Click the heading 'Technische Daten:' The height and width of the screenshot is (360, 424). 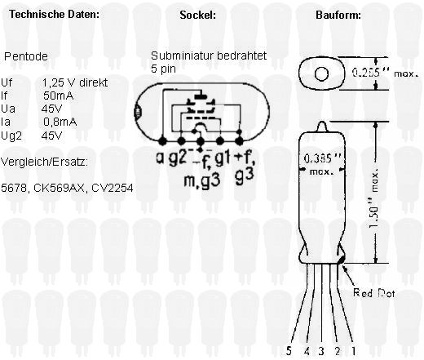[55, 14]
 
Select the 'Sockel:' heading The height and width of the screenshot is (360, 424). [197, 15]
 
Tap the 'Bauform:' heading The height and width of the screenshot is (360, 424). [338, 15]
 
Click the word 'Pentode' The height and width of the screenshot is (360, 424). [26, 56]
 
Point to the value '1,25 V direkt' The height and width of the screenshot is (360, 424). [75, 82]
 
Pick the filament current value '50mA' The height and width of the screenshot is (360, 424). [58, 96]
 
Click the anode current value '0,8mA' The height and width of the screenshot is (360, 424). [60, 122]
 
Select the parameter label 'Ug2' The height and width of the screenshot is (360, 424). [11, 136]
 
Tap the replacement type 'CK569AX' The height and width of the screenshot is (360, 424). [59, 188]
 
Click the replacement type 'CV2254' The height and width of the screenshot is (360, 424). [113, 188]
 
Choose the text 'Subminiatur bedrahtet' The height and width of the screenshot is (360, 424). [209, 56]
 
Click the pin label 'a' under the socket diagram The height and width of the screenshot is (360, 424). [160, 158]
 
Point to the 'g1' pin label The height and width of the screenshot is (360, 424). [223, 158]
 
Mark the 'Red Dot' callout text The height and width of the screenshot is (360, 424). [373, 293]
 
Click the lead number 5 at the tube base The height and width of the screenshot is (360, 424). [289, 350]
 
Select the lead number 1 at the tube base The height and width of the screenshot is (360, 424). [354, 350]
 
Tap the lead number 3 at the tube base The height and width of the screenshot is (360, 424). [321, 350]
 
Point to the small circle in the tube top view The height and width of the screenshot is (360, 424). [321, 73]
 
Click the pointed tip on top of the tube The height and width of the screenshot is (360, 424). [322, 122]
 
